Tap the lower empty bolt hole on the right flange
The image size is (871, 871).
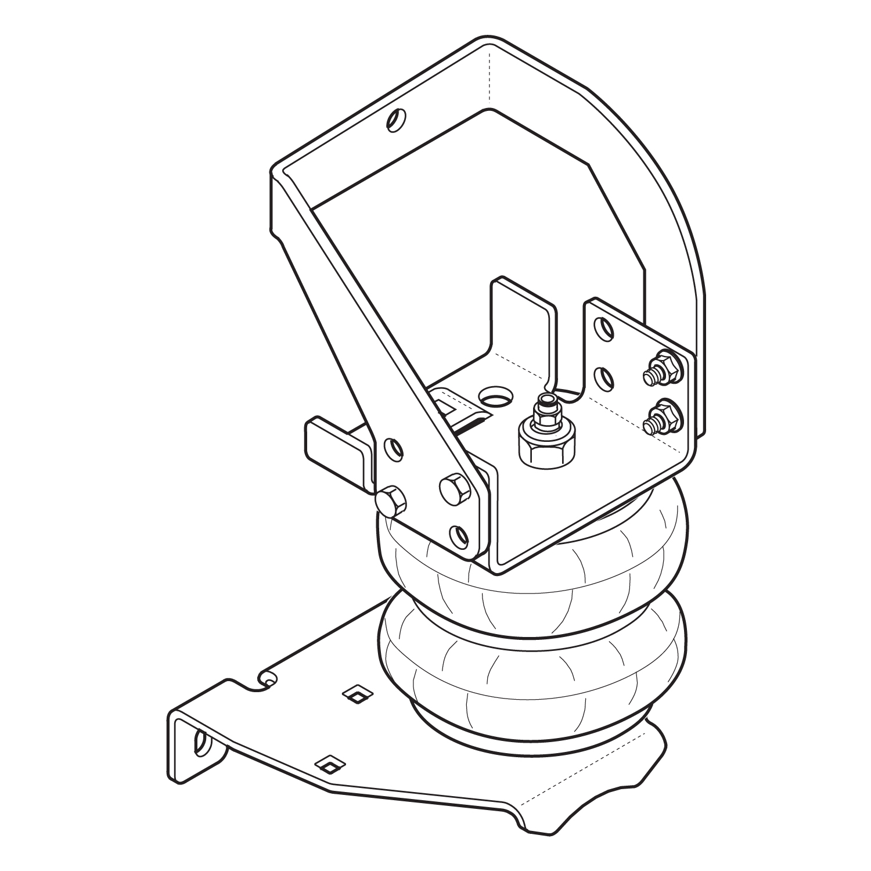pos(606,378)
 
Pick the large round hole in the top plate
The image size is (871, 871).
pos(497,398)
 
